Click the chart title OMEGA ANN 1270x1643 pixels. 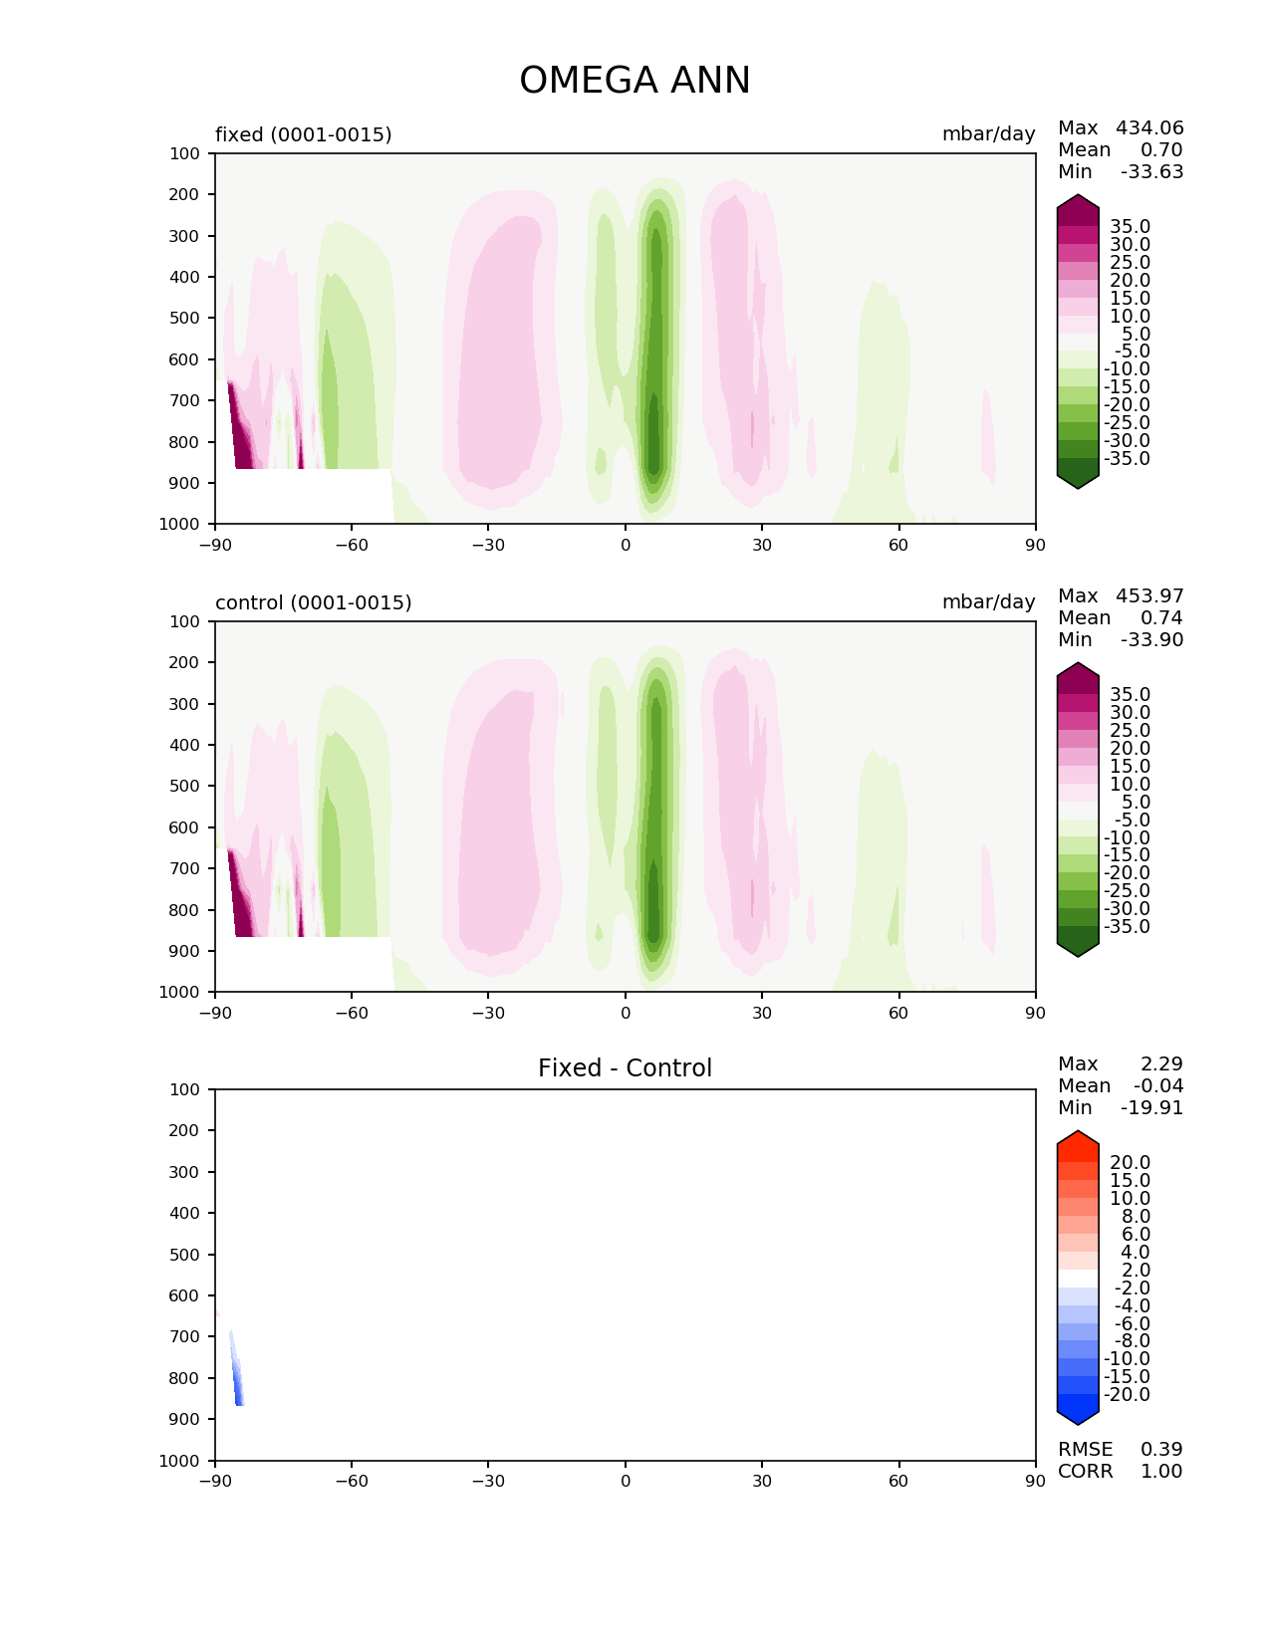[635, 80]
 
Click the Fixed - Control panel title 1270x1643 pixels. [625, 1067]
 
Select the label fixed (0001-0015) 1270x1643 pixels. [304, 134]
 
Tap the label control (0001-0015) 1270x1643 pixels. [313, 602]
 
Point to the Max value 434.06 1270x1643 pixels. [1149, 127]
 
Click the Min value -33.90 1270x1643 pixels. [1152, 639]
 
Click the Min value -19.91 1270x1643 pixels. [1152, 1107]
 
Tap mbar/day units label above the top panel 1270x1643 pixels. [988, 133]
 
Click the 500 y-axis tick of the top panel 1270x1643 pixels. [184, 318]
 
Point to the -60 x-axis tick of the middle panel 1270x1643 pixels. [351, 1013]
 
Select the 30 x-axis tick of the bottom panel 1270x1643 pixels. [762, 1481]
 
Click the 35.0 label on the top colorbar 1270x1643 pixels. [1130, 227]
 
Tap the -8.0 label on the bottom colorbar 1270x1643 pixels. [1133, 1340]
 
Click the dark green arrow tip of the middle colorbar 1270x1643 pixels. [1077, 956]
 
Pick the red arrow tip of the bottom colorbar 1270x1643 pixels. [1077, 1132]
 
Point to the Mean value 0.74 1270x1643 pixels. [1161, 617]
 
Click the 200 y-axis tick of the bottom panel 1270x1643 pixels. [184, 1130]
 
